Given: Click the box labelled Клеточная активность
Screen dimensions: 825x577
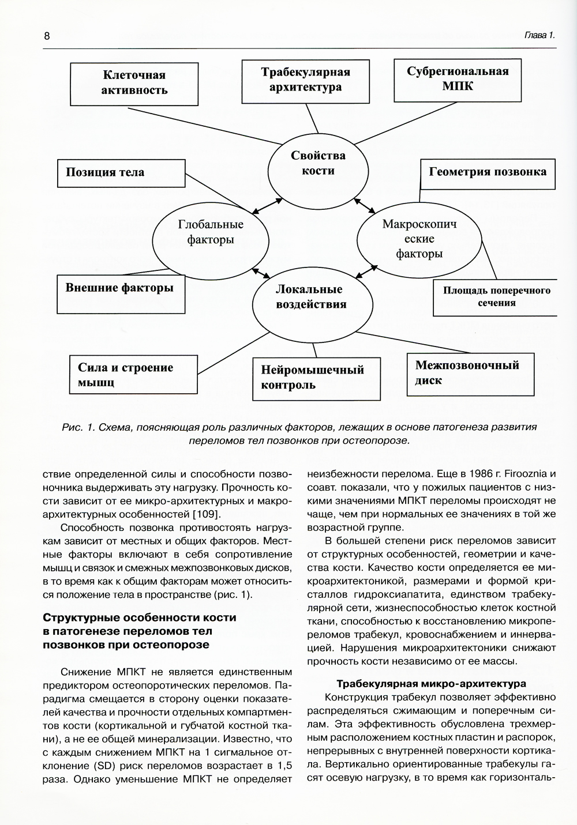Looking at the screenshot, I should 134,83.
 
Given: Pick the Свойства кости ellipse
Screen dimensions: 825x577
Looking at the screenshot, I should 318,163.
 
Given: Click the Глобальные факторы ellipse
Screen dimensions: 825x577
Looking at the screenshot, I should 211,232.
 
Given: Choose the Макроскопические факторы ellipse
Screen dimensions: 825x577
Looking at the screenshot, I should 419,239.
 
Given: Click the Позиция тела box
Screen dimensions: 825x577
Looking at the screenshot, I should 120,172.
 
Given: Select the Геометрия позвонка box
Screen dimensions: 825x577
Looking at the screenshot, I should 488,172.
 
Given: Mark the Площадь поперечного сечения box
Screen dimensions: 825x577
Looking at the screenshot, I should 495,297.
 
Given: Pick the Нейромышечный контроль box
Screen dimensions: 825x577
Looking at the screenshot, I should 316,378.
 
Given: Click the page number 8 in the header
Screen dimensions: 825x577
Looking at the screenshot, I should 47,36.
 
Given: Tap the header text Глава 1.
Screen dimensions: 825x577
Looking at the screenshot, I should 539,35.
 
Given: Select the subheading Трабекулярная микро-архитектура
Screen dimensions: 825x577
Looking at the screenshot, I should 431,684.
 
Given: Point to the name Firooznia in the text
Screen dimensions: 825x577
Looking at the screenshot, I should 522,474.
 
